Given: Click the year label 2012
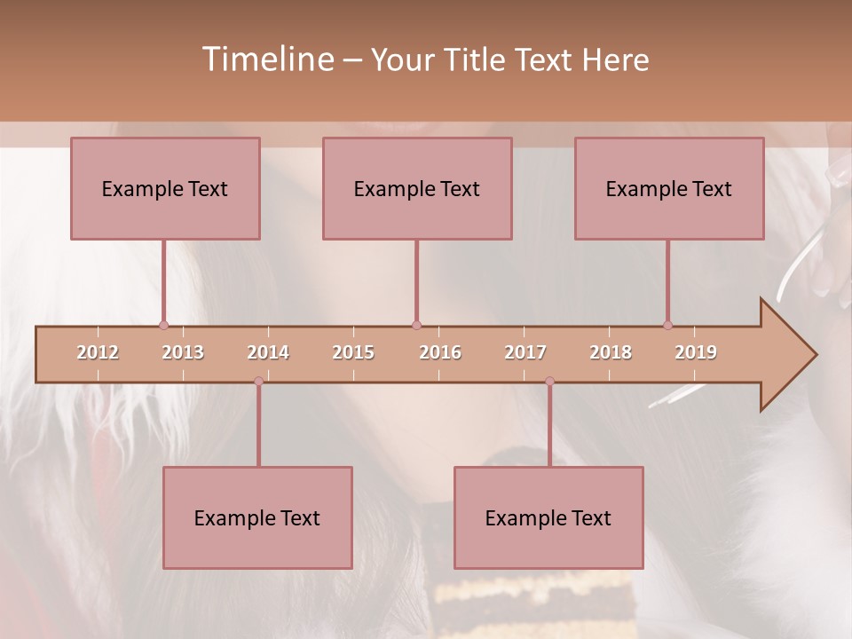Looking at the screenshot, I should point(98,352).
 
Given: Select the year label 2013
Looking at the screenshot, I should point(183,352).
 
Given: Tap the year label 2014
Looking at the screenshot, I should point(268,352).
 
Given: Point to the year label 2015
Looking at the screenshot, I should point(353,352).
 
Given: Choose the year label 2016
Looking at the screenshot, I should point(440,352).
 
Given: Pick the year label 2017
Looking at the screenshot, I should point(525,352).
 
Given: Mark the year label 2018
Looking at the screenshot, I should point(611,352).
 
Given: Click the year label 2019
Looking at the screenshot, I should point(696,352).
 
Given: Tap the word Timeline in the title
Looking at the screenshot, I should point(266,59).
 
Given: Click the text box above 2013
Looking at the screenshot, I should point(165,188).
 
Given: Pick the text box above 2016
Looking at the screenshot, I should point(417,188).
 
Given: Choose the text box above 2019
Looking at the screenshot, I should point(669,188).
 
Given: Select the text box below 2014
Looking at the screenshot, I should point(257,517).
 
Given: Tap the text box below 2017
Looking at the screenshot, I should point(548,517).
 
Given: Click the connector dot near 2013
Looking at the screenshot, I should point(163,325).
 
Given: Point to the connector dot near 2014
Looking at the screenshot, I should point(258,381).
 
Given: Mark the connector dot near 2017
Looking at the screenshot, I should point(549,381).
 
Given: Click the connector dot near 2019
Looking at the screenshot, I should point(667,325).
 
